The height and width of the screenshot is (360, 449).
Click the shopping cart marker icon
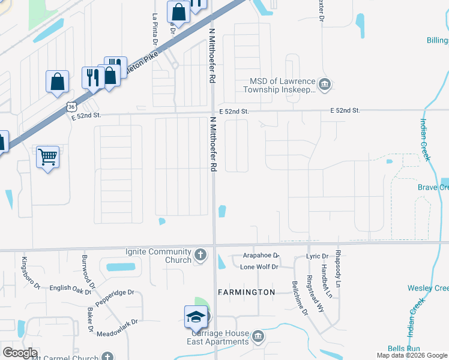[x=48, y=157]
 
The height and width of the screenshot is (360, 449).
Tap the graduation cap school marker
[x=196, y=317]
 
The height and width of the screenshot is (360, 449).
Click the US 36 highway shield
[x=71, y=106]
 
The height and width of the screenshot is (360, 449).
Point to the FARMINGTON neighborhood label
[x=251, y=292]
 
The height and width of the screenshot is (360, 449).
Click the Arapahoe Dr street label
[x=262, y=255]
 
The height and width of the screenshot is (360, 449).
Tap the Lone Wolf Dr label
[x=259, y=267]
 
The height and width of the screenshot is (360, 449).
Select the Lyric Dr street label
[x=318, y=256]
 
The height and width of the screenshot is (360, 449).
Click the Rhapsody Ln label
[x=339, y=268]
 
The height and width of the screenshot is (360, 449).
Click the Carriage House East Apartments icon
[x=258, y=335]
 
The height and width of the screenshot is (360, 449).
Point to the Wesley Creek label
[x=428, y=288]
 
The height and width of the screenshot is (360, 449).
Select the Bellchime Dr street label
[x=300, y=298]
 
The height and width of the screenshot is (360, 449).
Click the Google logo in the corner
[x=20, y=353]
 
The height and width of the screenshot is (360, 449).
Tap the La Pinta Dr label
[x=155, y=30]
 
